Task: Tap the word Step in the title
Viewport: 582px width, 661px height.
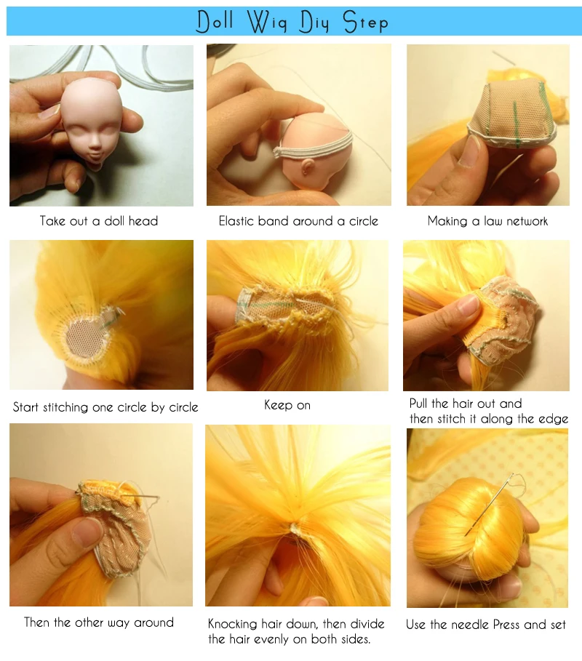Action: [365, 22]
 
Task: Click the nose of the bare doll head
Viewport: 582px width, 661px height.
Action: [95, 149]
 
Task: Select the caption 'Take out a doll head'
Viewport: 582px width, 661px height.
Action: [99, 221]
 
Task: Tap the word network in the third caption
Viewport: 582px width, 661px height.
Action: [527, 221]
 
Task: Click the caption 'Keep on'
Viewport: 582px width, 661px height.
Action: [287, 405]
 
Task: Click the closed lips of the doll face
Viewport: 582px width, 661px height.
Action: [95, 162]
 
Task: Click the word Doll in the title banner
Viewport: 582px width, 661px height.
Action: [215, 21]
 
